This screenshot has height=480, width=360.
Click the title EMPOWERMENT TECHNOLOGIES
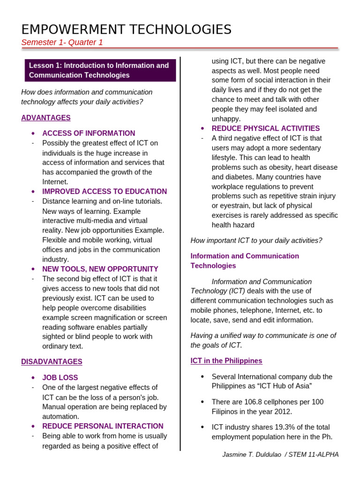[x=127, y=30]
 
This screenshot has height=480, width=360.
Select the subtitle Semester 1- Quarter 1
[x=62, y=43]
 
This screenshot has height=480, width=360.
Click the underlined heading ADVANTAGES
[x=46, y=118]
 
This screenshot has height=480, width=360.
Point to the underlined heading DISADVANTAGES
[x=52, y=361]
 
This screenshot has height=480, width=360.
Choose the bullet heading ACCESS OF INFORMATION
[x=89, y=133]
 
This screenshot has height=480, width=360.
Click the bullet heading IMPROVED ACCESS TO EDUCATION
[x=105, y=191]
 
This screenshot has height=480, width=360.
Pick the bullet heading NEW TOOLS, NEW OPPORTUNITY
[x=100, y=269]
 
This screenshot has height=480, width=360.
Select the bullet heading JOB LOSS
[x=60, y=377]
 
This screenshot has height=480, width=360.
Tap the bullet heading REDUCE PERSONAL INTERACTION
[x=103, y=426]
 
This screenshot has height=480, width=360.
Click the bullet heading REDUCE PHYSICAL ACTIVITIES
[x=266, y=128]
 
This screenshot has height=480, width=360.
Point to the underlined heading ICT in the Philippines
[x=226, y=360]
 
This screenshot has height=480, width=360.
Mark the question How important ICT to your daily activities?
[x=256, y=240]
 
